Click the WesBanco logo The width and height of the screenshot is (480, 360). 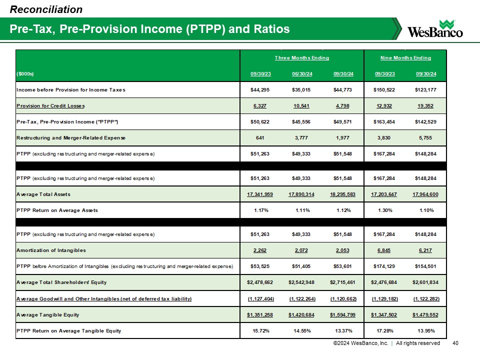[435, 28]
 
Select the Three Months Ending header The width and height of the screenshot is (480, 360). [302, 58]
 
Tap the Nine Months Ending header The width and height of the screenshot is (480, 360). [405, 58]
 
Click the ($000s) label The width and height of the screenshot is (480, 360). [25, 74]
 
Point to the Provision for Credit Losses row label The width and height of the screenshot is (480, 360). [50, 105]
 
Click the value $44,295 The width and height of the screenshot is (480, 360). [260, 90]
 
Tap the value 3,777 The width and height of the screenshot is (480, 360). [302, 137]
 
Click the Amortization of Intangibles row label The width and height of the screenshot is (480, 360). [51, 249]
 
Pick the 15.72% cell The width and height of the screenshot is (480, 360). [260, 330]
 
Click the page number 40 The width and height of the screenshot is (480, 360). [455, 343]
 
